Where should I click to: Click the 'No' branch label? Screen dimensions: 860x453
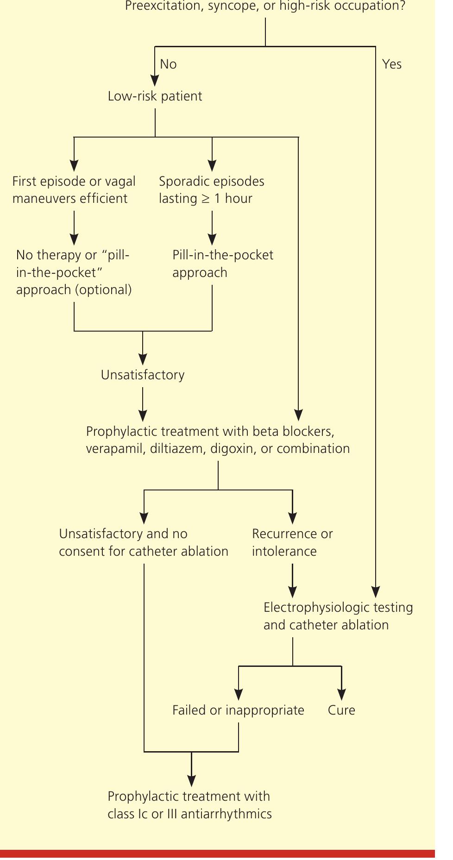tap(168, 64)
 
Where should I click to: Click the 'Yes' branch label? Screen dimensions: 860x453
tap(391, 64)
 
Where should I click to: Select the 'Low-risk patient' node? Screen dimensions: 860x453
tap(155, 96)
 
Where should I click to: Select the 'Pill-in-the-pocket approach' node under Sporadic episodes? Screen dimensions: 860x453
tap(222, 264)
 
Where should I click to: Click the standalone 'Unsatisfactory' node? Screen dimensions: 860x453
tap(143, 375)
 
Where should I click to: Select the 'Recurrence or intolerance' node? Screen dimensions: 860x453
tap(292, 542)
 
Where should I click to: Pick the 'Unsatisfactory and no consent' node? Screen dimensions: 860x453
tap(144, 542)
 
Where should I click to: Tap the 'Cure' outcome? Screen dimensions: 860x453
tap(341, 710)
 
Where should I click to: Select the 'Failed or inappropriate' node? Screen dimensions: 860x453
tap(238, 710)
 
